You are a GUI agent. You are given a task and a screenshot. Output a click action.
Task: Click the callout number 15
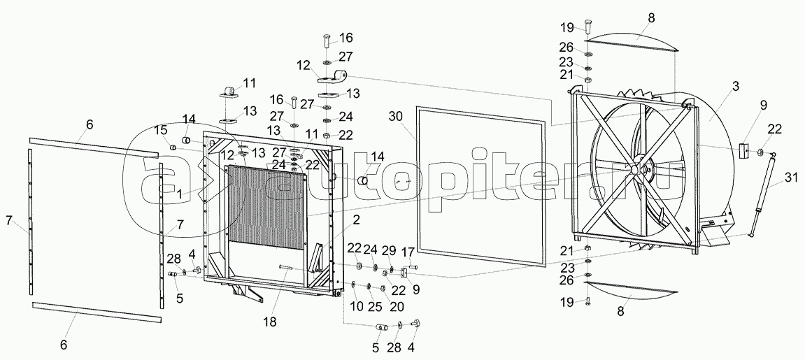tap(161, 129)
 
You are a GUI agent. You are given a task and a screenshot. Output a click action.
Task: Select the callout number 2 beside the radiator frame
tap(357, 219)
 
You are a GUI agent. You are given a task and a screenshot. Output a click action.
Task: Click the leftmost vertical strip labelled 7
tap(31, 220)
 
